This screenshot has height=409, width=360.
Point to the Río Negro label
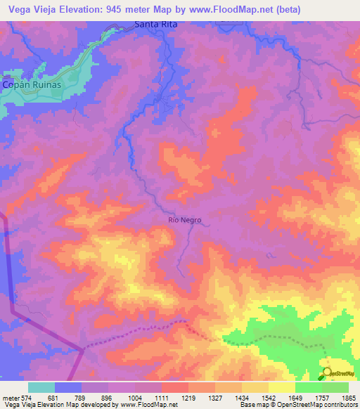pos(185,220)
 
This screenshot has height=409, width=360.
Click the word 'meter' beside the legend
pos(11,398)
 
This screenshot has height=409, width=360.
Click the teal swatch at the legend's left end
pos(41,387)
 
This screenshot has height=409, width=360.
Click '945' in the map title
pos(133,10)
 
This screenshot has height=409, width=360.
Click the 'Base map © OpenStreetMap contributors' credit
pos(297,405)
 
